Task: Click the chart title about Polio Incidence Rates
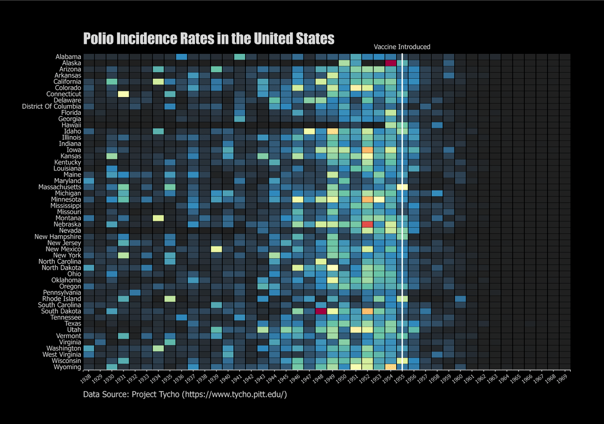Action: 208,39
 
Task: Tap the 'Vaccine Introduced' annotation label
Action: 402,47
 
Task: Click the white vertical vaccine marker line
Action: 402,211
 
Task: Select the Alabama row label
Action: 68,57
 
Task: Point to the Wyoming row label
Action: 67,367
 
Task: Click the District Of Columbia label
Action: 52,106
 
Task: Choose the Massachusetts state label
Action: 58,187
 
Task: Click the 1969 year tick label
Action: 563,377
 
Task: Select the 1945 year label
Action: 284,377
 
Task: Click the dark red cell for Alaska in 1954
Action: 391,63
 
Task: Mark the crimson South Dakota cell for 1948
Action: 320,311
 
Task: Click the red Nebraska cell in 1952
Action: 367,224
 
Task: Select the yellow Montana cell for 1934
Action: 158,218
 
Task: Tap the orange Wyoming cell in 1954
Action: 391,367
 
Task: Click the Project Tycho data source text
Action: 185,395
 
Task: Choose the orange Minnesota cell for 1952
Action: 367,199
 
